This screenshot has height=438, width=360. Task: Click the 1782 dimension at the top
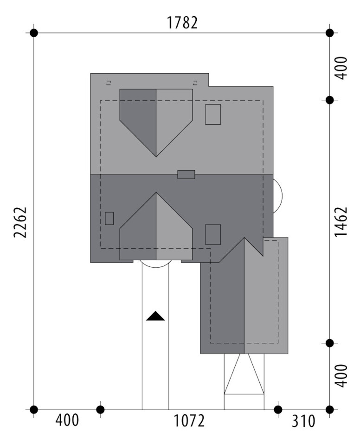(182, 23)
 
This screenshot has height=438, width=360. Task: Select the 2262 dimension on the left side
(20, 222)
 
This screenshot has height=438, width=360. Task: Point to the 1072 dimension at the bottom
(189, 421)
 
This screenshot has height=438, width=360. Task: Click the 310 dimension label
(303, 421)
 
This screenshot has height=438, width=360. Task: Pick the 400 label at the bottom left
(67, 420)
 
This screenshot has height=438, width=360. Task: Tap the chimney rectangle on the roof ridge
(186, 174)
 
